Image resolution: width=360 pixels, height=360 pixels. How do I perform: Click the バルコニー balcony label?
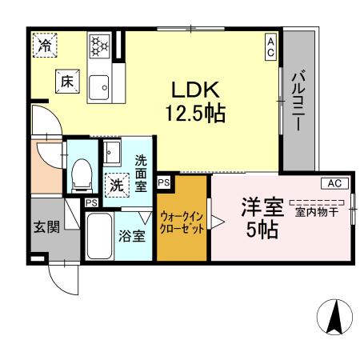point(296,102)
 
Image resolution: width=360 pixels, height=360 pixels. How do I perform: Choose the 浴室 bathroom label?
point(133,236)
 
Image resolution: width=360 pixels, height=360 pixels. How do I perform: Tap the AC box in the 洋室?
point(335,183)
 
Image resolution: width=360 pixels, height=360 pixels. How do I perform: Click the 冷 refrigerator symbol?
point(46,46)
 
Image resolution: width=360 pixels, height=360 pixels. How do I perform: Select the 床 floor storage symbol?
point(66,79)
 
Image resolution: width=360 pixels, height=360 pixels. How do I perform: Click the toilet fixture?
point(81,172)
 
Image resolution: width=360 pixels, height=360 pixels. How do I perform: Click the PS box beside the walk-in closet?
point(164,182)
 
